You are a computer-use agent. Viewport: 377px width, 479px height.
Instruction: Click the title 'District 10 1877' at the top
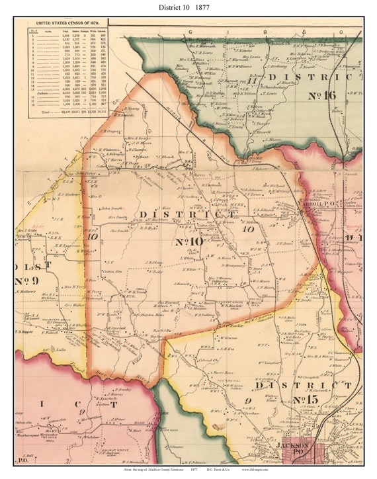(188, 7)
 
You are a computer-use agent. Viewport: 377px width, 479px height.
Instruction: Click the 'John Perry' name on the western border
(85, 173)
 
